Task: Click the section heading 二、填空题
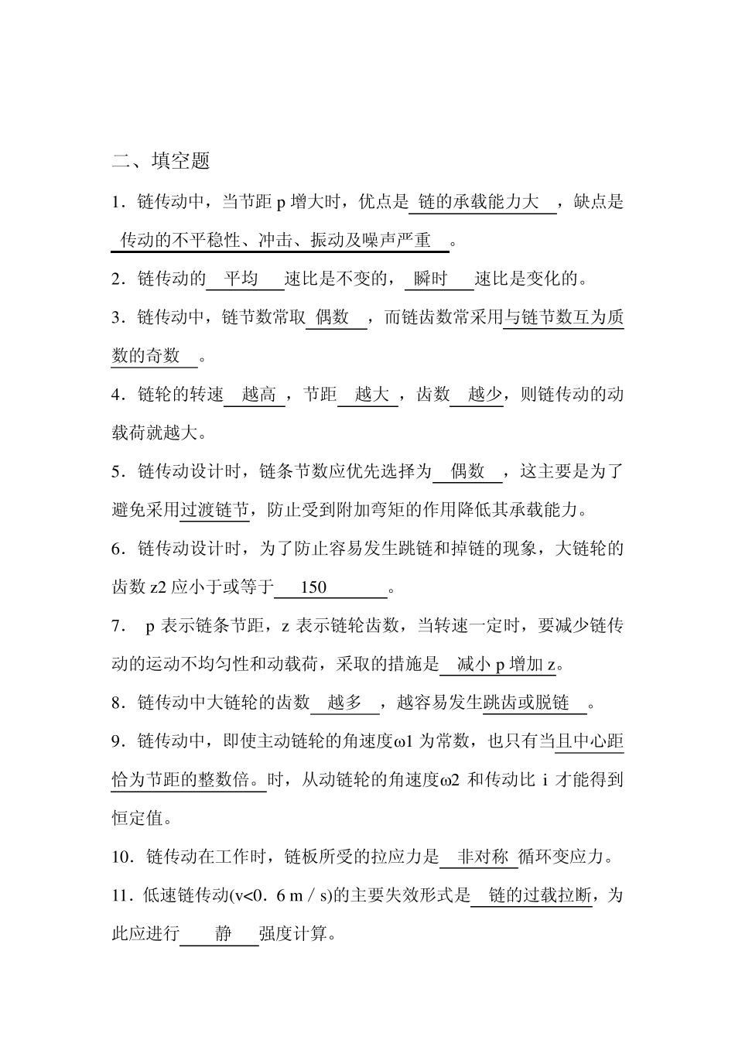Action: (161, 161)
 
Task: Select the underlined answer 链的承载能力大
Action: (478, 203)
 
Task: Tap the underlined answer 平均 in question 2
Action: (241, 279)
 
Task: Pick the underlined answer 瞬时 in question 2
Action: (431, 279)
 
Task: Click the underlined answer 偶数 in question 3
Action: (332, 317)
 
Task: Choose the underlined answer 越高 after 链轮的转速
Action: (258, 395)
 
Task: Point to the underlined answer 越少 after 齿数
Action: (485, 395)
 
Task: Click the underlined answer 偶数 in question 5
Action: (467, 471)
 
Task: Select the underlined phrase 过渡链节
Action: (214, 510)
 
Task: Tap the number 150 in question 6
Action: (313, 587)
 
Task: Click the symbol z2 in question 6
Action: (158, 587)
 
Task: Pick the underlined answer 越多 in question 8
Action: (344, 703)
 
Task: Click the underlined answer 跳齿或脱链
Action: (526, 703)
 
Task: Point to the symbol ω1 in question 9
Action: (404, 741)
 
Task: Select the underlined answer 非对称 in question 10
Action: (483, 857)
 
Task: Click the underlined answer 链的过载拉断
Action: (540, 896)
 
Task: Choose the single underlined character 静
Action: (223, 934)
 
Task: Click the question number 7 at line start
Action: (116, 626)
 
